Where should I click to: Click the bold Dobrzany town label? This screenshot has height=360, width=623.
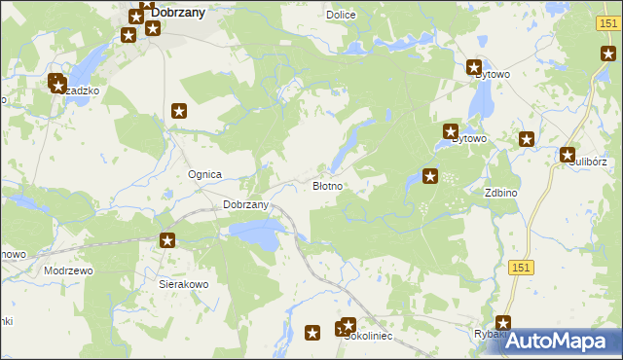tap(183, 14)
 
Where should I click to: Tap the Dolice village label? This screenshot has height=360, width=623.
tap(341, 15)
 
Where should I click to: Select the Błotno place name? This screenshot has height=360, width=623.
tap(326, 185)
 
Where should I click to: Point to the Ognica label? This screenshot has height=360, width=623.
tap(205, 174)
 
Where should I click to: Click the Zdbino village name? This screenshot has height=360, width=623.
tap(500, 193)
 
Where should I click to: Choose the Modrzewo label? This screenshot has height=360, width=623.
tap(68, 270)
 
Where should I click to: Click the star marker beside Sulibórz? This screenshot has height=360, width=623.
tap(568, 154)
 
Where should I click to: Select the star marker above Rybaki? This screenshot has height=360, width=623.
tap(503, 322)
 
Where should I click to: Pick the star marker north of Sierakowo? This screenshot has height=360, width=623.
tap(167, 240)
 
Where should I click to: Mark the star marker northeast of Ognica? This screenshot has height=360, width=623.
tap(179, 112)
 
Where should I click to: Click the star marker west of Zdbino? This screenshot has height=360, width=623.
tap(429, 176)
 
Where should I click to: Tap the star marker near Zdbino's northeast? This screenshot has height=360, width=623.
tap(527, 139)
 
